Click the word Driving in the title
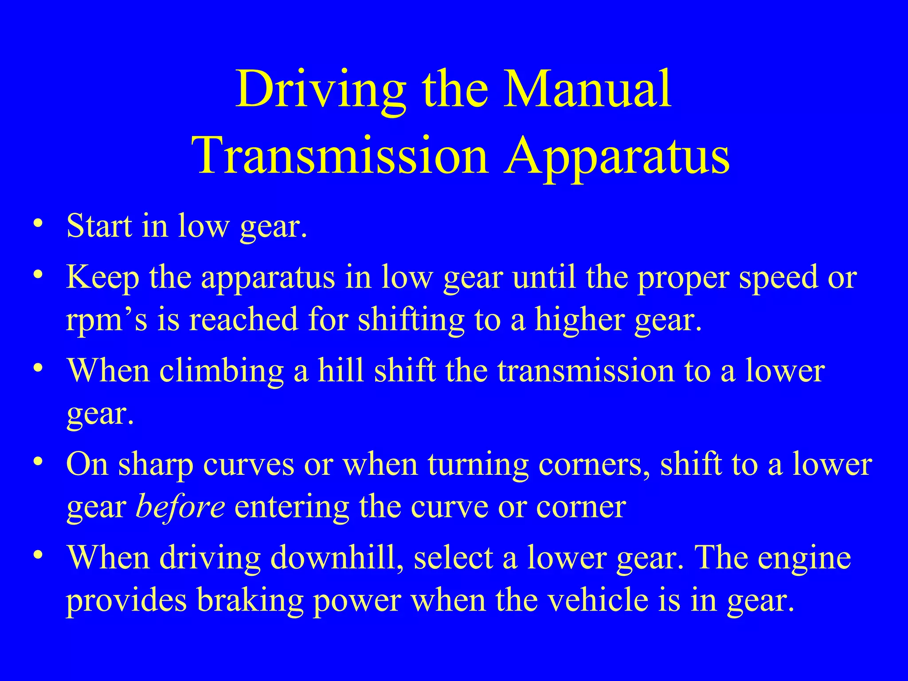tap(320, 90)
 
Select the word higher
tap(579, 319)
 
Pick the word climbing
tap(221, 371)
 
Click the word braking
tap(250, 600)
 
